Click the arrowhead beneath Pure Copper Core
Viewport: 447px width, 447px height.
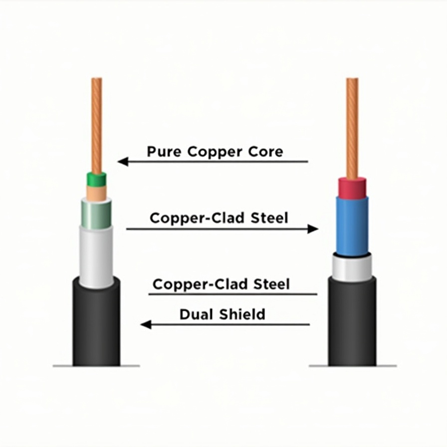(122, 162)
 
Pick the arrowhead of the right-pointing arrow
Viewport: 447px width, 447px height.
(313, 229)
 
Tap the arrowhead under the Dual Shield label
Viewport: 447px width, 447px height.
(145, 325)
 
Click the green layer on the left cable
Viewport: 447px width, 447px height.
(96, 179)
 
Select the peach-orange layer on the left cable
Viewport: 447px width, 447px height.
(96, 193)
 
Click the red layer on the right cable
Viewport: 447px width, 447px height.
(352, 188)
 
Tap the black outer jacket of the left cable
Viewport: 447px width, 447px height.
(96, 324)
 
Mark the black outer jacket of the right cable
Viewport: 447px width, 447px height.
(352, 324)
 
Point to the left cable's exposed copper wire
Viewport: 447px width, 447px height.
(96, 125)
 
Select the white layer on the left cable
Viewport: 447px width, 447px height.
(96, 257)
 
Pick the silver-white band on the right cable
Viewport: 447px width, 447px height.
(352, 268)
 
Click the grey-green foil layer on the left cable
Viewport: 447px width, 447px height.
(96, 214)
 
